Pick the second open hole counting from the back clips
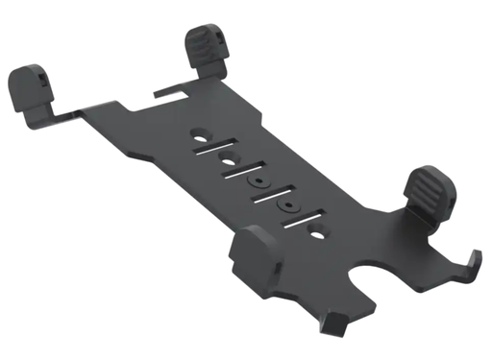coord(229,157)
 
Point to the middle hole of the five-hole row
coord(257,180)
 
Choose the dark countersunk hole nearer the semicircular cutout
coord(284,204)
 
